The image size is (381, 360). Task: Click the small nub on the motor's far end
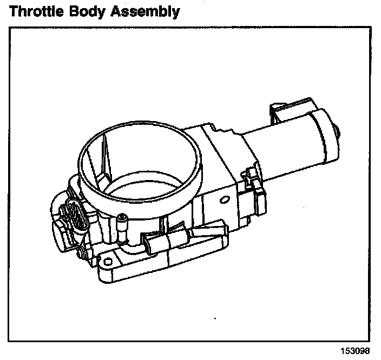pyautogui.click(x=338, y=131)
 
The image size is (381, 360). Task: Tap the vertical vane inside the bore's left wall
pyautogui.click(x=106, y=157)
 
